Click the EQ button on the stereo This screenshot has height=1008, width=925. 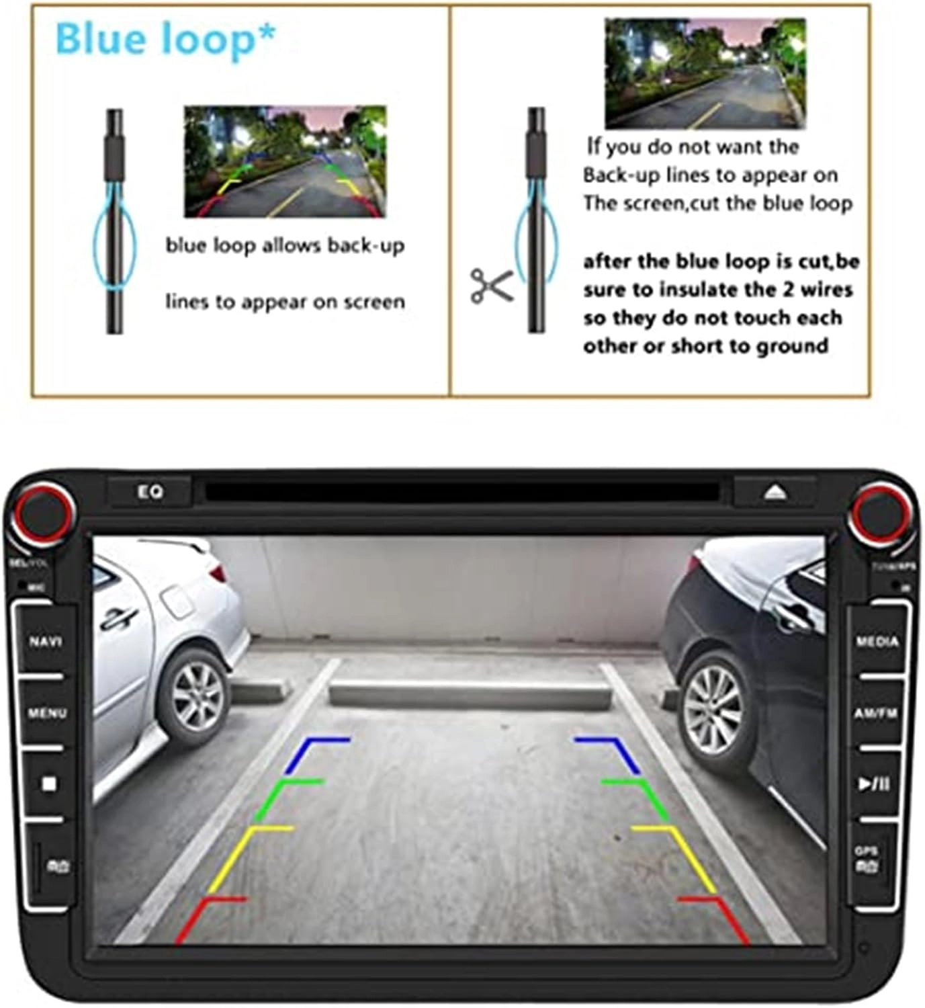[150, 493]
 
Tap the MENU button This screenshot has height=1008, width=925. [47, 712]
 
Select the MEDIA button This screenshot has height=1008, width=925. [877, 642]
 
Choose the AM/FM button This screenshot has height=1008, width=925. [876, 713]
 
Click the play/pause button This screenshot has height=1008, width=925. [874, 784]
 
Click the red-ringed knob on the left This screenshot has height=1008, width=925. [42, 514]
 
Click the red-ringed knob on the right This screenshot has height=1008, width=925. [881, 514]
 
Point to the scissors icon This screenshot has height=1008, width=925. [491, 285]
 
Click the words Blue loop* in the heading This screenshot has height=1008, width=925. [165, 39]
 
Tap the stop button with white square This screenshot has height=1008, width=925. [48, 784]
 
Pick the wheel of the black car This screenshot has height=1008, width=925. [713, 709]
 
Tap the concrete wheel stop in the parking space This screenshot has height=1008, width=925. [470, 694]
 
